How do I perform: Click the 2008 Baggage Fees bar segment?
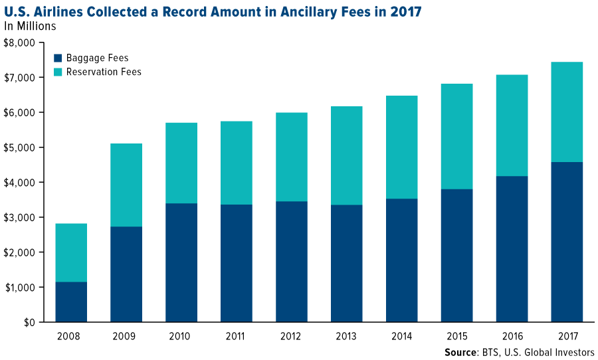(71, 302)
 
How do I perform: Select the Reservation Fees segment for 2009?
(126, 185)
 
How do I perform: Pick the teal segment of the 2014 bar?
(401, 147)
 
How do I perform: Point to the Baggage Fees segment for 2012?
(291, 262)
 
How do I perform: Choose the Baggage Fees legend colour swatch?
(58, 58)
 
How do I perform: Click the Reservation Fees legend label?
(104, 72)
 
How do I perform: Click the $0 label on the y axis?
(29, 323)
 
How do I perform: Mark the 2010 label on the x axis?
(181, 335)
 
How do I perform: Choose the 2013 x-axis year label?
(346, 335)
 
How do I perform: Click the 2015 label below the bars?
(456, 335)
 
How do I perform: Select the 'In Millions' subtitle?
(30, 27)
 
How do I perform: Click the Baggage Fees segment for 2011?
(236, 263)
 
